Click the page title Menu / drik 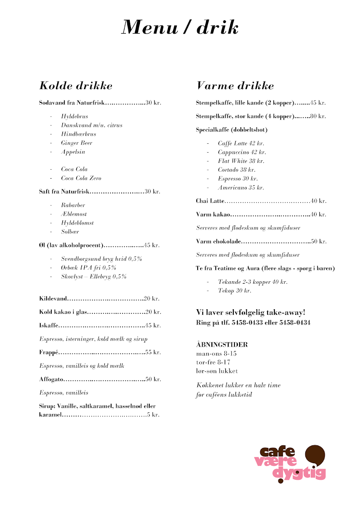coord(180,28)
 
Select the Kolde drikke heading coord(76,86)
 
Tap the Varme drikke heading coord(235,86)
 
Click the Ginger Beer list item coord(76,143)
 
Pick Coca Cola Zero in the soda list coord(81,178)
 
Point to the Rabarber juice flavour coord(73,205)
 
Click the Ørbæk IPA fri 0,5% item coord(89,268)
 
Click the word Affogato coord(51,379)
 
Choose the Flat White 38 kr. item coord(241,161)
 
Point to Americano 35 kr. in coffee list coord(241,187)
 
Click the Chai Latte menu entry coord(210,201)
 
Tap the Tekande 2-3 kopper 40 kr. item coord(253,282)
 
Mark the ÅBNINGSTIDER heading coord(222,344)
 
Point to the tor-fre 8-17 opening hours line coord(213,362)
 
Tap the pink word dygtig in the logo coord(299,473)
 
